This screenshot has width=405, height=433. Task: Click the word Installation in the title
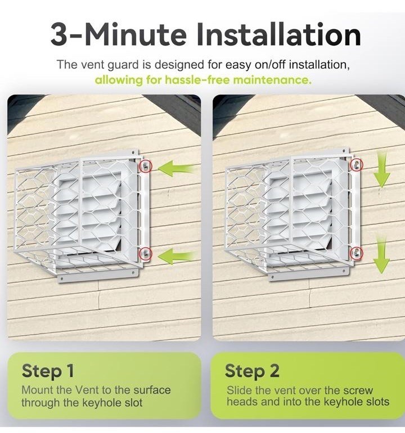[x=279, y=34]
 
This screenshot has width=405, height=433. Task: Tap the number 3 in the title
[x=58, y=35]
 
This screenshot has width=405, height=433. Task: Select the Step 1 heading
[x=48, y=371]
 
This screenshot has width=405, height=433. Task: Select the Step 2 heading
[x=252, y=371]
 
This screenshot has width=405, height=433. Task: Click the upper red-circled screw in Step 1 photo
[x=145, y=166]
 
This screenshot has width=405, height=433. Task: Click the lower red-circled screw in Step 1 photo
[x=145, y=253]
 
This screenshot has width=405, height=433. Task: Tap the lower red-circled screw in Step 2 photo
[x=356, y=252]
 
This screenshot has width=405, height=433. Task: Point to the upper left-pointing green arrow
[x=177, y=168]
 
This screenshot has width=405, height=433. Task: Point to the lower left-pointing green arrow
[x=177, y=256]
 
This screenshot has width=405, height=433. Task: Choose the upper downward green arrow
[x=382, y=170]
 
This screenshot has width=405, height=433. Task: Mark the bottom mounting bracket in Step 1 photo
[x=98, y=276]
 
